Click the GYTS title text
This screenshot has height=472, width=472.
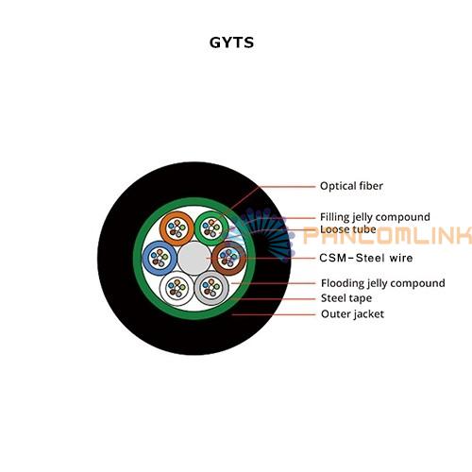pos(231,42)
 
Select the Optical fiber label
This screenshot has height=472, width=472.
pos(351,186)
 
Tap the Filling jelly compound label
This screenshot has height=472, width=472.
pos(375,217)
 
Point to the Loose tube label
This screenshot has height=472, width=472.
pos(348,229)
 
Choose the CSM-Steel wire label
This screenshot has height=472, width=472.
pos(366,258)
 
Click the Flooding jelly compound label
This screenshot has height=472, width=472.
pos(383,283)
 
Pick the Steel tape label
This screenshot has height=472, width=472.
pos(346,298)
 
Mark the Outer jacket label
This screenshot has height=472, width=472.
pos(352,314)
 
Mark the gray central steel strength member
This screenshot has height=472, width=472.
pos(194,258)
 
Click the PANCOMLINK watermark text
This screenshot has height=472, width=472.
pos(387,235)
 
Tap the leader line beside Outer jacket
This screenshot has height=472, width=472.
pos(273,314)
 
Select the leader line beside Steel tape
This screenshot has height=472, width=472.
pos(275,298)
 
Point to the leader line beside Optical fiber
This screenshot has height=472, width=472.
pos(266,196)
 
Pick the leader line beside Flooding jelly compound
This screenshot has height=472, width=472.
pos(273,283)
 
